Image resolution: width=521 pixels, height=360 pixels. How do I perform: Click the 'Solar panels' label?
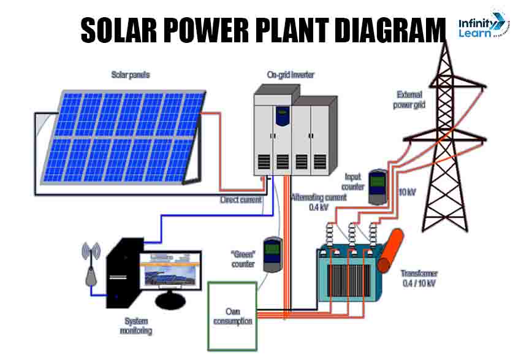(x=130, y=75)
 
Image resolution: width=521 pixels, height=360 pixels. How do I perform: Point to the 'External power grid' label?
(x=410, y=99)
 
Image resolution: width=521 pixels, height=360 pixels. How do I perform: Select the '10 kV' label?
(x=407, y=192)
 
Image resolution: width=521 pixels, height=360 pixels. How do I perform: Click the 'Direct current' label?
(x=241, y=200)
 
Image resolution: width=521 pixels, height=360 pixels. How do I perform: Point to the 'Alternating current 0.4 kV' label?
(x=319, y=202)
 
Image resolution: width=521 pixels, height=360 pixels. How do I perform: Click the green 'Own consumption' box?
(x=232, y=316)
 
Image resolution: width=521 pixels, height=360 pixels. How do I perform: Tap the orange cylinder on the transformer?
(x=392, y=251)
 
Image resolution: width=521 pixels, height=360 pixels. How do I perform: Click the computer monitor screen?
(x=169, y=270)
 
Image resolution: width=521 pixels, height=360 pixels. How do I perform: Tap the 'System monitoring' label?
(x=136, y=326)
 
